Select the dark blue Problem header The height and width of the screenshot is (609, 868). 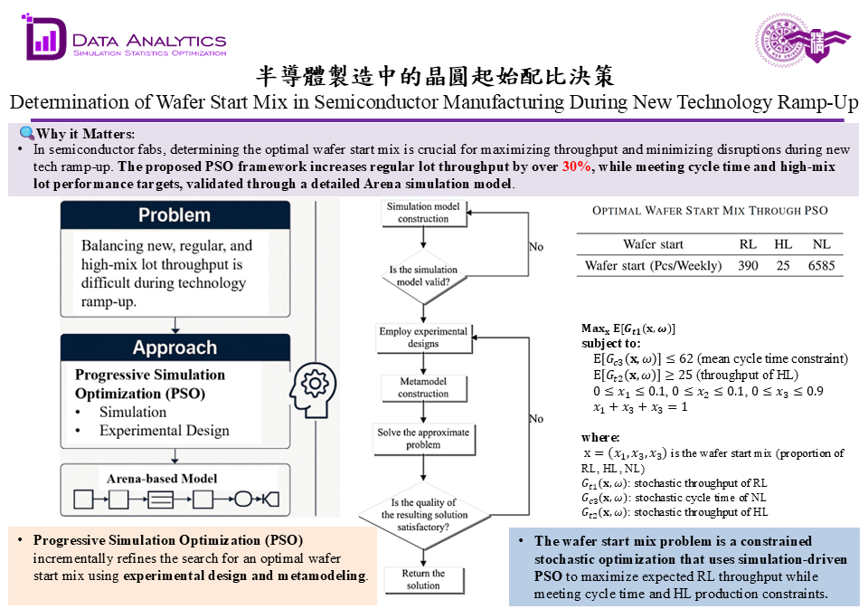point(175,215)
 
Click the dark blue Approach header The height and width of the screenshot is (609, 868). point(175,347)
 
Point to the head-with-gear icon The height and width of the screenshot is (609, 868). point(312,385)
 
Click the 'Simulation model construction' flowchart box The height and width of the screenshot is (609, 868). point(423,213)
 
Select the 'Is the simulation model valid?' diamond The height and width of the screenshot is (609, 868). point(423,275)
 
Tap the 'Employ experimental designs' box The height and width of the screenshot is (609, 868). point(423,338)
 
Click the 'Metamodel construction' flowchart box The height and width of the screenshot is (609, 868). point(423,387)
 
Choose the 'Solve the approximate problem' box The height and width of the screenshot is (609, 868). point(423,439)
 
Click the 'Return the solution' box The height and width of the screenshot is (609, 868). point(423,579)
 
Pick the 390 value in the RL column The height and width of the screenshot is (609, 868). point(748,266)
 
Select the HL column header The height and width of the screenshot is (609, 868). point(782,244)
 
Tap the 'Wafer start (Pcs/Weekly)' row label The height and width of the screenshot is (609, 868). point(653,266)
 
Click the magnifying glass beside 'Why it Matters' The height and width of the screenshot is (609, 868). point(26,134)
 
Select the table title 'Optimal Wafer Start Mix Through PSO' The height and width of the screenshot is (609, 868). point(710,211)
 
